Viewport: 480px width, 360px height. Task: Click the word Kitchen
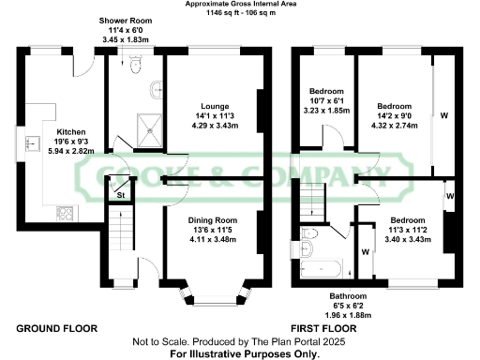[71, 132]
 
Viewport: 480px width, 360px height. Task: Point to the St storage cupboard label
[121, 194]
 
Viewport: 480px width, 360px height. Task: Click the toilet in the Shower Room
[137, 65]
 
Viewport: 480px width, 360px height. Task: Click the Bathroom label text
[335, 294]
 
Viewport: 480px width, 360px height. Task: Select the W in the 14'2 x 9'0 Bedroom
[442, 117]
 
